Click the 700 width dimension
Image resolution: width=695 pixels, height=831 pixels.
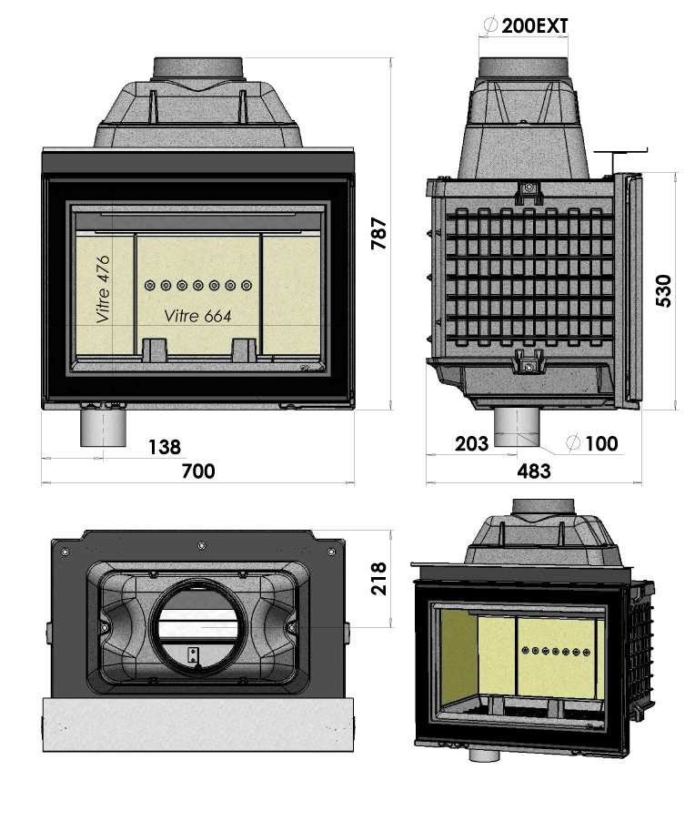pyautogui.click(x=197, y=471)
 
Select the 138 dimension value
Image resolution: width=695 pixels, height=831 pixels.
pyautogui.click(x=164, y=446)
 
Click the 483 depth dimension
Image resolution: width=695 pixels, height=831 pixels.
pyautogui.click(x=533, y=471)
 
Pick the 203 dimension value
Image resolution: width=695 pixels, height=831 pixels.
pyautogui.click(x=471, y=443)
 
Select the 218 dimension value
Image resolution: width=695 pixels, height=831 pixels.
pyautogui.click(x=379, y=579)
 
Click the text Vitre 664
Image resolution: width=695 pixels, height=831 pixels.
pyautogui.click(x=197, y=316)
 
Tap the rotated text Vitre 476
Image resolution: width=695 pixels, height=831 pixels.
pyautogui.click(x=104, y=289)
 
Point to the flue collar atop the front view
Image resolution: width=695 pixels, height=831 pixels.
pyautogui.click(x=197, y=68)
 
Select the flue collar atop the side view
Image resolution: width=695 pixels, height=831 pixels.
pyautogui.click(x=526, y=67)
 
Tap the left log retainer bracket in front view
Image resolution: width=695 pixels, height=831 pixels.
pyautogui.click(x=154, y=350)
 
